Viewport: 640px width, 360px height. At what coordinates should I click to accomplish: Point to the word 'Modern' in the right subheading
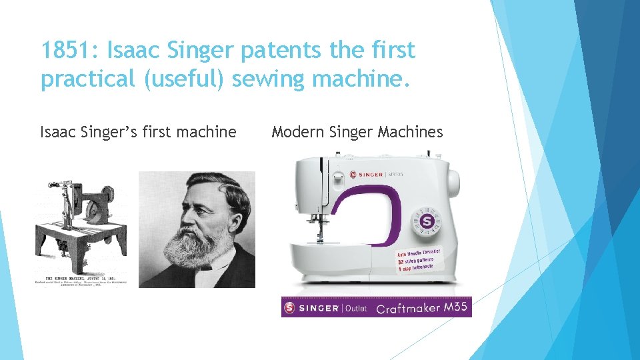(297, 132)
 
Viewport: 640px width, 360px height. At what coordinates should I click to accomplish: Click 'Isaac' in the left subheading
(59, 132)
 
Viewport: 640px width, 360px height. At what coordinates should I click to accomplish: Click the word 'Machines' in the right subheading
(410, 132)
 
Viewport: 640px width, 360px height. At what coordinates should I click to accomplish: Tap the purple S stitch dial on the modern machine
(427, 219)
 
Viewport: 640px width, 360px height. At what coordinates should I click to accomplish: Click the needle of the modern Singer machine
(319, 230)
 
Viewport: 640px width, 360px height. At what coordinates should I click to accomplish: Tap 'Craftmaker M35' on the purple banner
(421, 308)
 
